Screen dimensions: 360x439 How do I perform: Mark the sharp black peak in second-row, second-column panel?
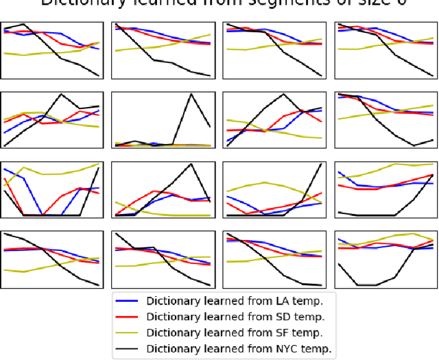[x=191, y=95]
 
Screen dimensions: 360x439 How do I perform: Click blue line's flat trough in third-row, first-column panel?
[x=51, y=215]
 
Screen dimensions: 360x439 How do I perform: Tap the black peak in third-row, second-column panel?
[x=191, y=165]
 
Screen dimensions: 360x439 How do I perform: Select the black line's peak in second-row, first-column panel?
[x=62, y=95]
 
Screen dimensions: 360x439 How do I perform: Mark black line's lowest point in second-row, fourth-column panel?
[x=414, y=145]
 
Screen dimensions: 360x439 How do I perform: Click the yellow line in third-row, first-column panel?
[x=51, y=173]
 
